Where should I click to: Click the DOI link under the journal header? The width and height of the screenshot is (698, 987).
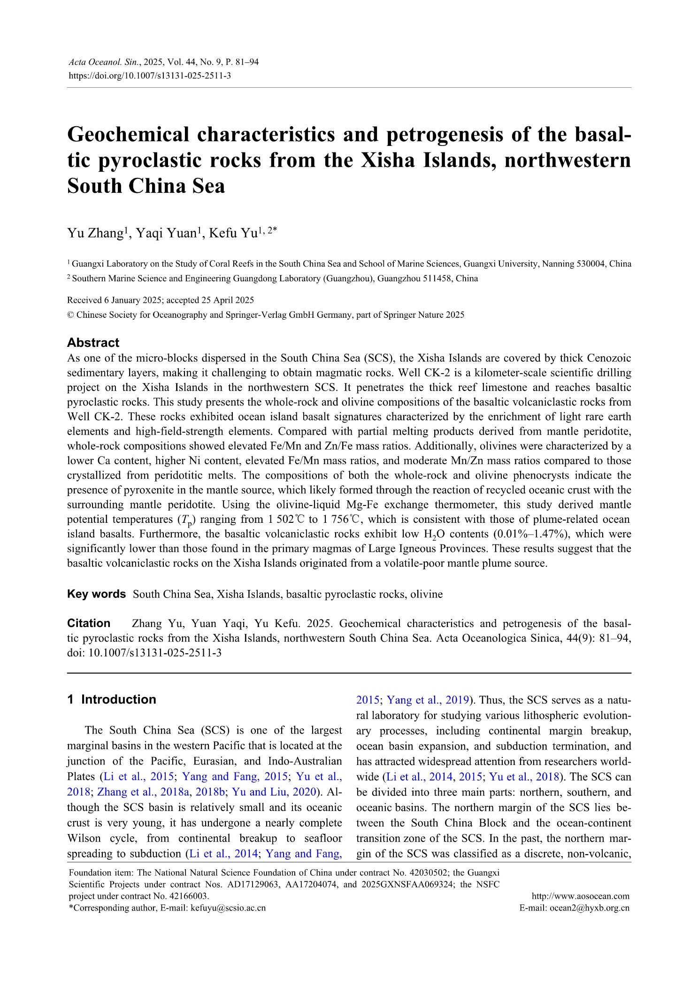(150, 76)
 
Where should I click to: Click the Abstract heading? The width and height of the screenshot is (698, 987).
(93, 343)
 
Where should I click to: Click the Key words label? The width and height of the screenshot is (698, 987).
(96, 594)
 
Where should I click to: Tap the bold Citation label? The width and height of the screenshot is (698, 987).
(89, 623)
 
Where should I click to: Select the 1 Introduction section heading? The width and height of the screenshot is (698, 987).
(111, 699)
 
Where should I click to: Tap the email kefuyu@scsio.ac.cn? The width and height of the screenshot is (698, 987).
(227, 908)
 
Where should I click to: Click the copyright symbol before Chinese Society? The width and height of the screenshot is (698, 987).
(70, 315)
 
